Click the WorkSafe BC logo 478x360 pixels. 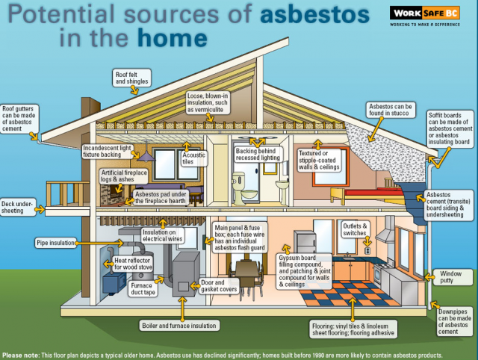(x=425, y=16)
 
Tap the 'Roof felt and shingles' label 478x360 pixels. (x=131, y=78)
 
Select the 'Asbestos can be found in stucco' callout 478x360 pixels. (x=391, y=110)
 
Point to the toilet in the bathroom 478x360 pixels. (x=243, y=188)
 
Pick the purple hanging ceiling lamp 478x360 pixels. (x=146, y=156)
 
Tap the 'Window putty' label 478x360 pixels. (x=450, y=277)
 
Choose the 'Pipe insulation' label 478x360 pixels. (x=55, y=243)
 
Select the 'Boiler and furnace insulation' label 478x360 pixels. (x=179, y=326)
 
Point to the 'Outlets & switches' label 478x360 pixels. (x=355, y=229)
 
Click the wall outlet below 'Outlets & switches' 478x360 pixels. (x=367, y=250)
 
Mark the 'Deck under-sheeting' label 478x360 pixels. (x=17, y=207)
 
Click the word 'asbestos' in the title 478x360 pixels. (x=314, y=14)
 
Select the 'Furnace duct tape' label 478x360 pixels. (x=143, y=289)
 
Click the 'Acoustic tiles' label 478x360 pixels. (x=193, y=158)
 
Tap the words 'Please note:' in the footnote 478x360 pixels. (x=21, y=355)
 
